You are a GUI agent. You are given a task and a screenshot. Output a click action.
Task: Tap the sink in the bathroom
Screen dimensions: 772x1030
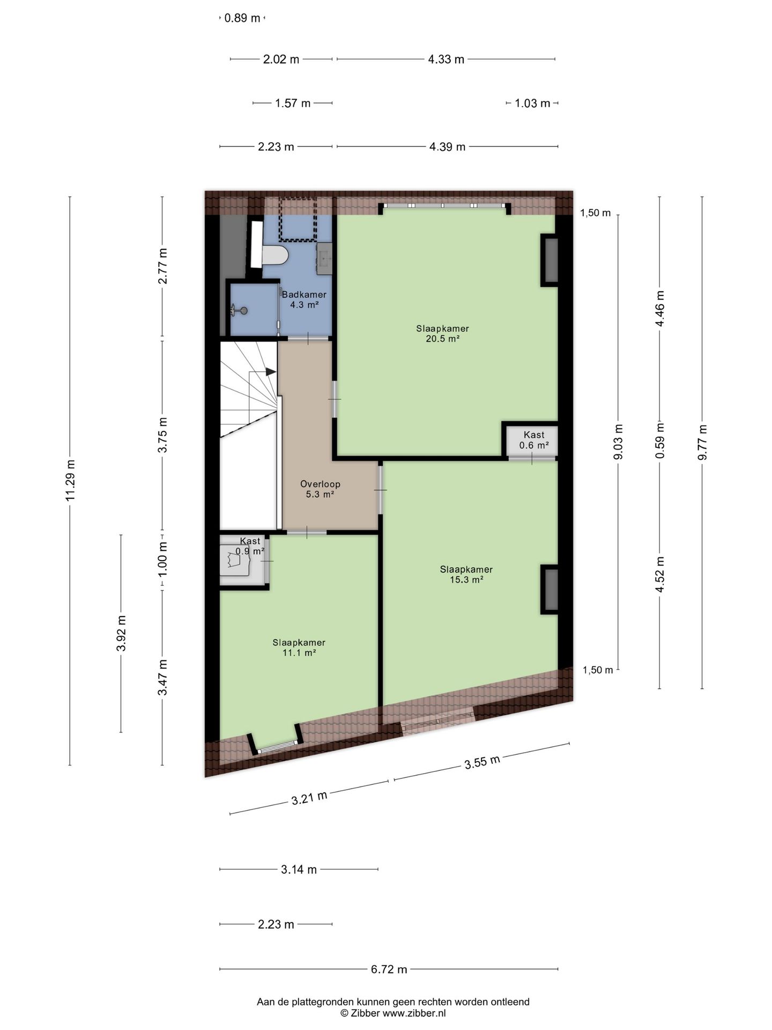coord(324,259)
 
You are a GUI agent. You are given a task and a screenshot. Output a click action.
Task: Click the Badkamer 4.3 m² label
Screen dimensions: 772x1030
coord(304,299)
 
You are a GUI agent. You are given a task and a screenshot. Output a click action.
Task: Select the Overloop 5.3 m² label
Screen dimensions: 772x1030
coord(320,489)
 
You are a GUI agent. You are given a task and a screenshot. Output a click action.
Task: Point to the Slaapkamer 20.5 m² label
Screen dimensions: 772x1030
coord(442,333)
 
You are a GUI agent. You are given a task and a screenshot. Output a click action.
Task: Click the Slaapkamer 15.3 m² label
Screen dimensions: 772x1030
coord(466,574)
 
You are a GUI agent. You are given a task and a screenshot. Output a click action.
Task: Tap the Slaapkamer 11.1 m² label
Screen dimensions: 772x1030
coord(299,648)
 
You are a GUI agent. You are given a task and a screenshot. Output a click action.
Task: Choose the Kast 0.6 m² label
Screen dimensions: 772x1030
coord(534,440)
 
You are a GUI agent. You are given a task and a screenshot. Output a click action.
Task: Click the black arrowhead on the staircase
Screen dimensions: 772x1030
coord(271,371)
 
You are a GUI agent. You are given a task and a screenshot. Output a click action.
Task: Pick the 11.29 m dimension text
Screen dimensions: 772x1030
coord(70,480)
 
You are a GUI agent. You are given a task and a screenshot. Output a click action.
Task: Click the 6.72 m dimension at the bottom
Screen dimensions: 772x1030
coord(389,969)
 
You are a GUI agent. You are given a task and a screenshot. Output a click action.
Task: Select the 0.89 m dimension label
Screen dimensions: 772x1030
coord(242,18)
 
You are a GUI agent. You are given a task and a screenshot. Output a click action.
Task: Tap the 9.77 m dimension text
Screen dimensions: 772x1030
coord(702,442)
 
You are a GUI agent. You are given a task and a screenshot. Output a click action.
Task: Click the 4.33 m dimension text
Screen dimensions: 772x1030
coord(446,59)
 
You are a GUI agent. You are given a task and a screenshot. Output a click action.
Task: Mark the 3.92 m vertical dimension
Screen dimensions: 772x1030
coord(121,632)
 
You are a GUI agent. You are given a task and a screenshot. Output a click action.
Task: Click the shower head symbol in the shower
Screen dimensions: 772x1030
coord(239,310)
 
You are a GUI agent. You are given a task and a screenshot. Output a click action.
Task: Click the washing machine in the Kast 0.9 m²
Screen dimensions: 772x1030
coord(235,561)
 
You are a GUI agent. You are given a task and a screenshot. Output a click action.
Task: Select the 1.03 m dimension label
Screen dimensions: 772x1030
coord(532,103)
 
